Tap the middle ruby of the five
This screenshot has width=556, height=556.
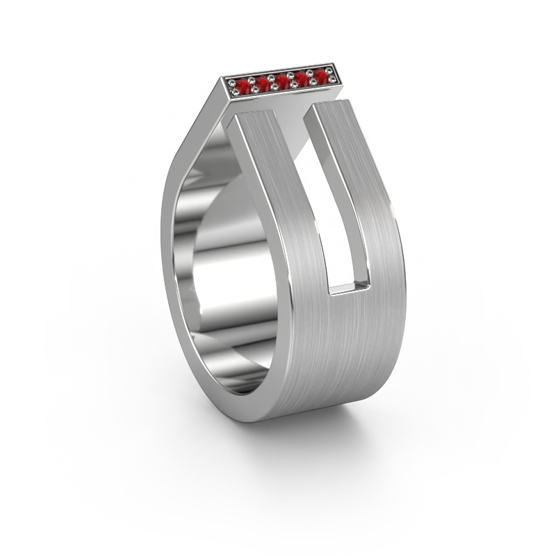point(281,81)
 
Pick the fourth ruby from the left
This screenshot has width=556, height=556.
point(302,78)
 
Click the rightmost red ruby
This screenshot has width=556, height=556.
point(320,75)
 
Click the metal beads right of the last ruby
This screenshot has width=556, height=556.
point(332,73)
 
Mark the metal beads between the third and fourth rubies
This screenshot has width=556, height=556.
point(292,79)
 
